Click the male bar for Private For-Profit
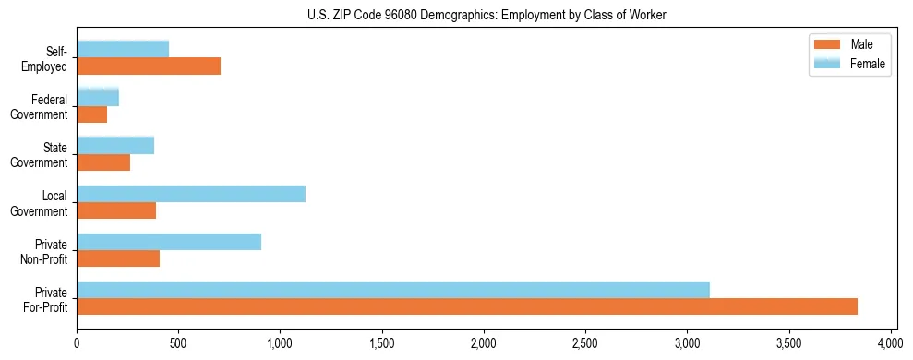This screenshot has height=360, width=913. coord(467,306)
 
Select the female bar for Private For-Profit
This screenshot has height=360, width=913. coord(393,290)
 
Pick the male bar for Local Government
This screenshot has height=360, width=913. coord(116,210)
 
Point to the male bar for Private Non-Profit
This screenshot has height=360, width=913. coord(118,258)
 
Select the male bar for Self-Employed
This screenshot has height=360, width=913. coord(149,66)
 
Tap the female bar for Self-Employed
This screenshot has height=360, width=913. coord(123,49)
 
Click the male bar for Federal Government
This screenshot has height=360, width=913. coord(92,114)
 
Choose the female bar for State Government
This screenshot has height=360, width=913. coord(115,145)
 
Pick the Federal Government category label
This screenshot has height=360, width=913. coord(42,106)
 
